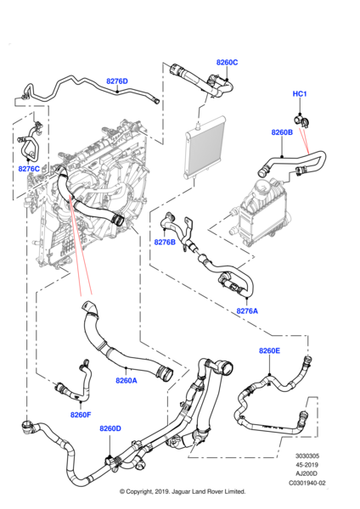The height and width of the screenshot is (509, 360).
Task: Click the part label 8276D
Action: tap(116, 81)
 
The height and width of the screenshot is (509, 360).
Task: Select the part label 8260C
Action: tap(227, 63)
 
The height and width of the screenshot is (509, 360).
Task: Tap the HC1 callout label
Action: tap(300, 94)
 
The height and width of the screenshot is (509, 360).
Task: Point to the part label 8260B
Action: tap(282, 132)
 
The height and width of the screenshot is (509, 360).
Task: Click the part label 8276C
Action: tap(29, 169)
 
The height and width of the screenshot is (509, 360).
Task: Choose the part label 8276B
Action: tap(165, 243)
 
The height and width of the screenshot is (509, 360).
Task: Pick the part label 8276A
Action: tap(247, 310)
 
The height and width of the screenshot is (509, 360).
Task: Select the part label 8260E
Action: tap(269, 350)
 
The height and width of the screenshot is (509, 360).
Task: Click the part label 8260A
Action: tap(126, 381)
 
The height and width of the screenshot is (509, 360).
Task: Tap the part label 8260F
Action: tap(82, 415)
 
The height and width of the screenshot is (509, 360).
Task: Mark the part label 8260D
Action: tap(110, 429)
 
